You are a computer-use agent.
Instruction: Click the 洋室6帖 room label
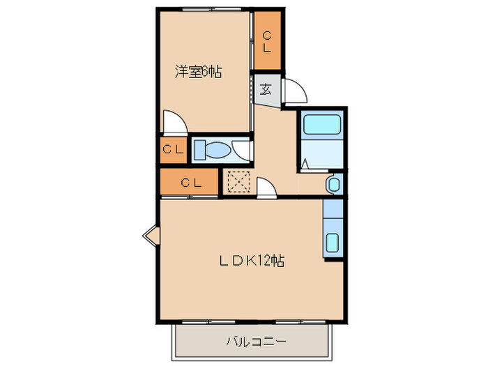(198, 71)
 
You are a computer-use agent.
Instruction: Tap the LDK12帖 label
(252, 261)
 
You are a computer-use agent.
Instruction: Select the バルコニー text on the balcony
(256, 342)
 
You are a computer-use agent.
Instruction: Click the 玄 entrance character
(266, 89)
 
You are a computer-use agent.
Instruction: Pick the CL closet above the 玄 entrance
(267, 40)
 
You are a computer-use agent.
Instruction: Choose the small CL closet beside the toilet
(173, 148)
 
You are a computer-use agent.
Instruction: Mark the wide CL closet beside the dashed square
(191, 183)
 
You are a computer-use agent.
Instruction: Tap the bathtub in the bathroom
(321, 125)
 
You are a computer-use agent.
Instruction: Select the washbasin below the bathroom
(333, 184)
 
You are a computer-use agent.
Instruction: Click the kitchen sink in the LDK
(333, 244)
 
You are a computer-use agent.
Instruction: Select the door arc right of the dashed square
(266, 188)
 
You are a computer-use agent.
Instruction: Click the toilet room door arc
(243, 149)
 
